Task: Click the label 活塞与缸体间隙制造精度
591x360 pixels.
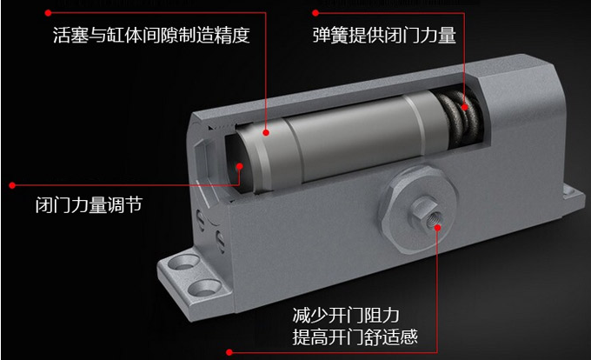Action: coord(151,35)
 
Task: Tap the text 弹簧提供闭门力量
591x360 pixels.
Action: coord(384,35)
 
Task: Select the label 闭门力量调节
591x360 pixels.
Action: coord(89,205)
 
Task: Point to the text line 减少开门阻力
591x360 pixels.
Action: coord(346,315)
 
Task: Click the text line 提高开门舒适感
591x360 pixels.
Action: coord(355,337)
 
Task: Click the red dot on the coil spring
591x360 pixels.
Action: coord(465,107)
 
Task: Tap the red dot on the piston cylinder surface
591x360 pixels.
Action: coord(266,132)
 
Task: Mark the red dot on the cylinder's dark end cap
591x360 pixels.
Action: coord(240,166)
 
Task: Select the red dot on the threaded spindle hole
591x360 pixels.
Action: coord(437,228)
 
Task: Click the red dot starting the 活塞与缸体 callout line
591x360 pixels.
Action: coord(48,13)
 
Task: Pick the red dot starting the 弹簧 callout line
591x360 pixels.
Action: coord(315,13)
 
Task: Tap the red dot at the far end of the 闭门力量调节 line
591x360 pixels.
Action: coord(12,185)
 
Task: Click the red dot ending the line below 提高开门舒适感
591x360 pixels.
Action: coord(229,352)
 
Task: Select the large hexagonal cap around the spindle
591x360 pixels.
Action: coord(418,210)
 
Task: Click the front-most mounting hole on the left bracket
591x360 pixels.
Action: coord(204,288)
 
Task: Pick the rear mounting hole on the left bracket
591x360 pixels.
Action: coord(183,262)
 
